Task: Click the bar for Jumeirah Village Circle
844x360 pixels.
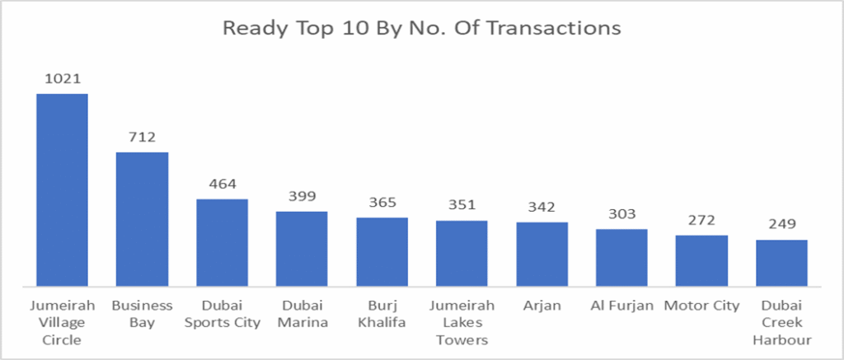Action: click(x=62, y=190)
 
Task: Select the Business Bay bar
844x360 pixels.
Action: click(x=142, y=219)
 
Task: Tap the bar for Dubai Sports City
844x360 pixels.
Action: click(x=222, y=243)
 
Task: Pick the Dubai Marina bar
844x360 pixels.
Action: click(x=302, y=249)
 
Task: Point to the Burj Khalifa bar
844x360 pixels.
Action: click(x=382, y=252)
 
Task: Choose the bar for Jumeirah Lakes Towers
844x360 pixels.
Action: click(x=462, y=254)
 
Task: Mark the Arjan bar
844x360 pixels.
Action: click(x=542, y=255)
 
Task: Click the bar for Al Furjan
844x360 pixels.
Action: click(x=621, y=258)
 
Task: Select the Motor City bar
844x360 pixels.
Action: click(x=701, y=261)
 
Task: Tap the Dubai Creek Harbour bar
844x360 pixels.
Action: click(x=781, y=264)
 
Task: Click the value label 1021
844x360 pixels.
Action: click(x=62, y=79)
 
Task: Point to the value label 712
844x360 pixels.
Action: click(x=142, y=137)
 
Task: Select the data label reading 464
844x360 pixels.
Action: click(x=222, y=184)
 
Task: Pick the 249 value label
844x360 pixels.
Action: click(x=781, y=225)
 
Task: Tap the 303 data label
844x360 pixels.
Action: click(x=621, y=214)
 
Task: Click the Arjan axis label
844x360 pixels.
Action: click(x=542, y=306)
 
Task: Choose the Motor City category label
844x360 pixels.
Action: click(x=701, y=306)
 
